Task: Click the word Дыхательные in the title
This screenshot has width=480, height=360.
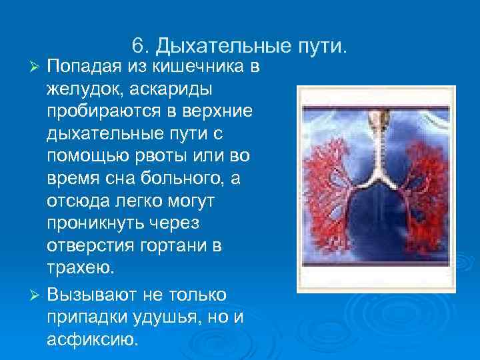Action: (217, 46)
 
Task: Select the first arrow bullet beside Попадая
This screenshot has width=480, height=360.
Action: (37, 67)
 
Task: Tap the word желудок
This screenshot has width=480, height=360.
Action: (81, 89)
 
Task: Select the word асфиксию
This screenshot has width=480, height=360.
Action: (92, 339)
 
